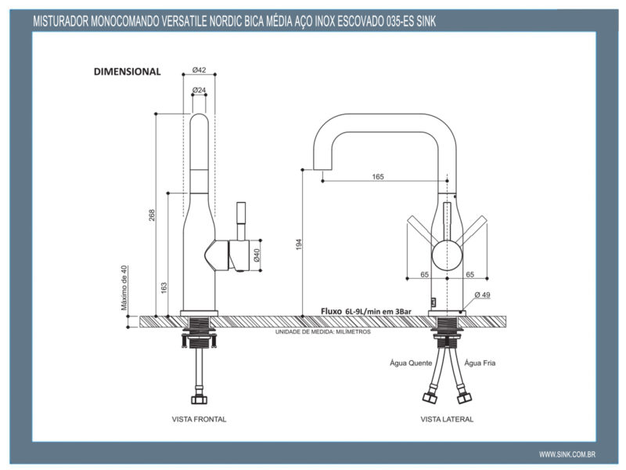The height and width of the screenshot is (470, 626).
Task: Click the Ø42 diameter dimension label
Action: click(199, 70)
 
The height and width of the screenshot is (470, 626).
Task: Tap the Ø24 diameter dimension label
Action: click(199, 90)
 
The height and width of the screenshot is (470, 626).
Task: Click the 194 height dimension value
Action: click(298, 244)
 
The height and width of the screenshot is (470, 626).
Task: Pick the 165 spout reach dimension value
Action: click(377, 177)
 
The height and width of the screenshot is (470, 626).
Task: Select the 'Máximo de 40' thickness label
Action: click(124, 287)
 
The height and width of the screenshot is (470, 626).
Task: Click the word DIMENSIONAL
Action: click(127, 71)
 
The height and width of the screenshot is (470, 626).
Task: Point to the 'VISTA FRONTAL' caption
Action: click(199, 419)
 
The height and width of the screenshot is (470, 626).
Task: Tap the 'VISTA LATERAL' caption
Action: click(447, 419)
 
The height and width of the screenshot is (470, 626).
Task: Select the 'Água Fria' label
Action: click(480, 363)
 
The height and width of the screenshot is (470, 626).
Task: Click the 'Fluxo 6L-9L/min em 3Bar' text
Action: click(366, 311)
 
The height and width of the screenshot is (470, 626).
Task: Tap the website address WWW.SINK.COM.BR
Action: click(568, 454)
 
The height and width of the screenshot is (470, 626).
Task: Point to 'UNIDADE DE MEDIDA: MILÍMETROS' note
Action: click(322, 332)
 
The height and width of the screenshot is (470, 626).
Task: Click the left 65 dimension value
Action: click(424, 275)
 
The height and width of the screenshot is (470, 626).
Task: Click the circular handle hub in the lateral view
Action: click(447, 255)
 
